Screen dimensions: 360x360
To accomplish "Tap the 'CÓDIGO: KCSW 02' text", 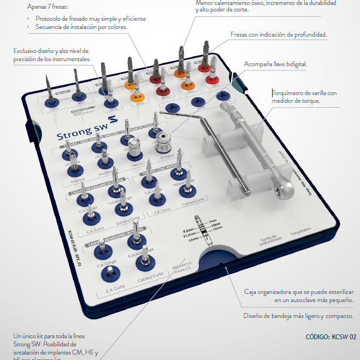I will click(x=331, y=337).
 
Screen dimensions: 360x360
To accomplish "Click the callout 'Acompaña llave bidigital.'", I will click(x=275, y=63).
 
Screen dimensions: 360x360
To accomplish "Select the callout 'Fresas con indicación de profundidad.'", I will click(x=279, y=34).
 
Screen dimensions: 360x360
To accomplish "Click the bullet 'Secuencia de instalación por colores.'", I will click(x=81, y=27).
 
